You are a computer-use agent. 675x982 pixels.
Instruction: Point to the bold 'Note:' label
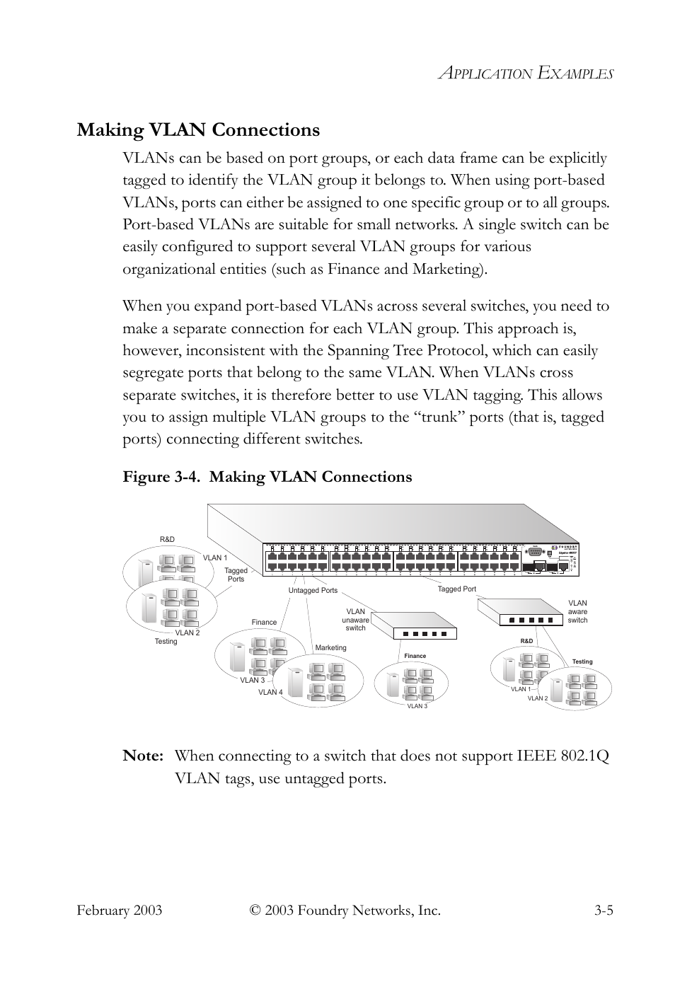point(144,756)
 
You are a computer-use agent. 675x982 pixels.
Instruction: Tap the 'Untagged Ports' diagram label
point(313,590)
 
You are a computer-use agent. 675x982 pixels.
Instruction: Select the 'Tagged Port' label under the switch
point(456,589)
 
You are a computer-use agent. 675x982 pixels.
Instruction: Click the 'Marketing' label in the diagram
point(330,647)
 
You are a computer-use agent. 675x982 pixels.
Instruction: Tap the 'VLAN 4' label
point(270,692)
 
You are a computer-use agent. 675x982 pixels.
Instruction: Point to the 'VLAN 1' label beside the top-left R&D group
point(215,558)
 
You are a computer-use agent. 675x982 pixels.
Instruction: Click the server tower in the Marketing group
point(296,684)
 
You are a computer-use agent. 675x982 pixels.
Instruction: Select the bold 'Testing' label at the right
point(582,662)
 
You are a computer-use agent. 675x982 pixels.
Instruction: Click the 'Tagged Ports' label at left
point(236,574)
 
